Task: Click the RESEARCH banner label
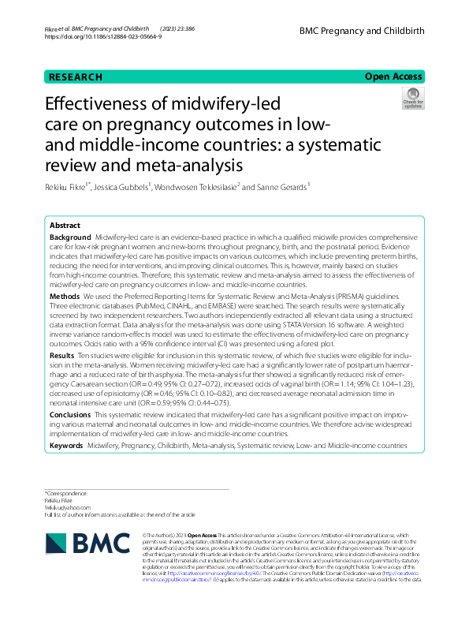point(76,77)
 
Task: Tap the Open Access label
point(393,77)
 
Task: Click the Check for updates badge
point(412,99)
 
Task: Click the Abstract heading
point(65,225)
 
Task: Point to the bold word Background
point(70,237)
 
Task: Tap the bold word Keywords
point(68,446)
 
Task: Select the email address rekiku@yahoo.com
point(68,507)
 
